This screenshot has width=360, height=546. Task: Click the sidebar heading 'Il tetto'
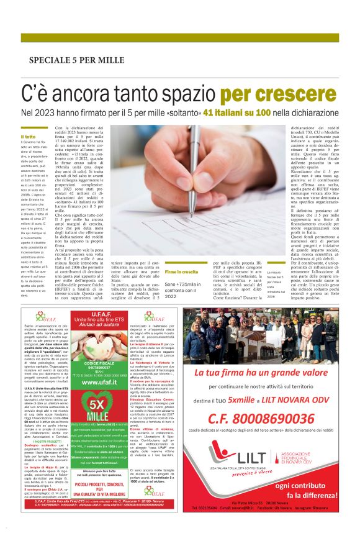[x=29, y=136]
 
